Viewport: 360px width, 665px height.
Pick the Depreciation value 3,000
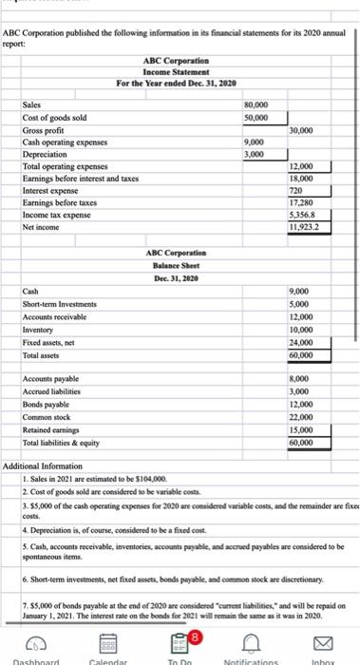254,154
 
